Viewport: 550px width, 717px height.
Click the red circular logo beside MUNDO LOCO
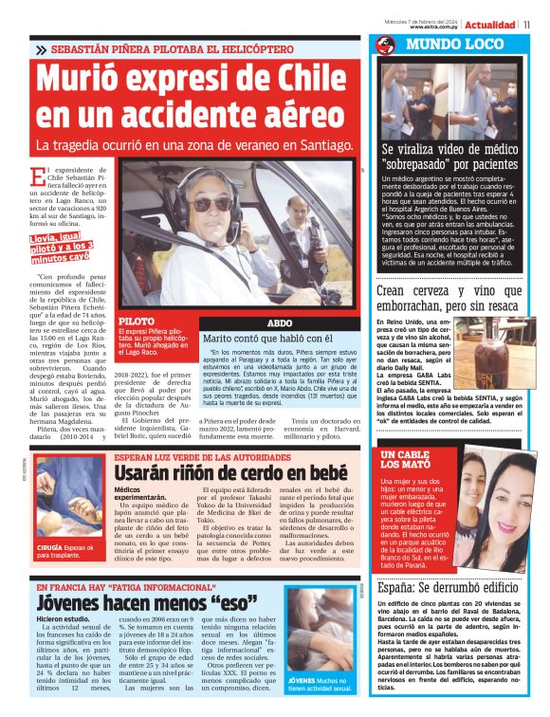click(x=385, y=46)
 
